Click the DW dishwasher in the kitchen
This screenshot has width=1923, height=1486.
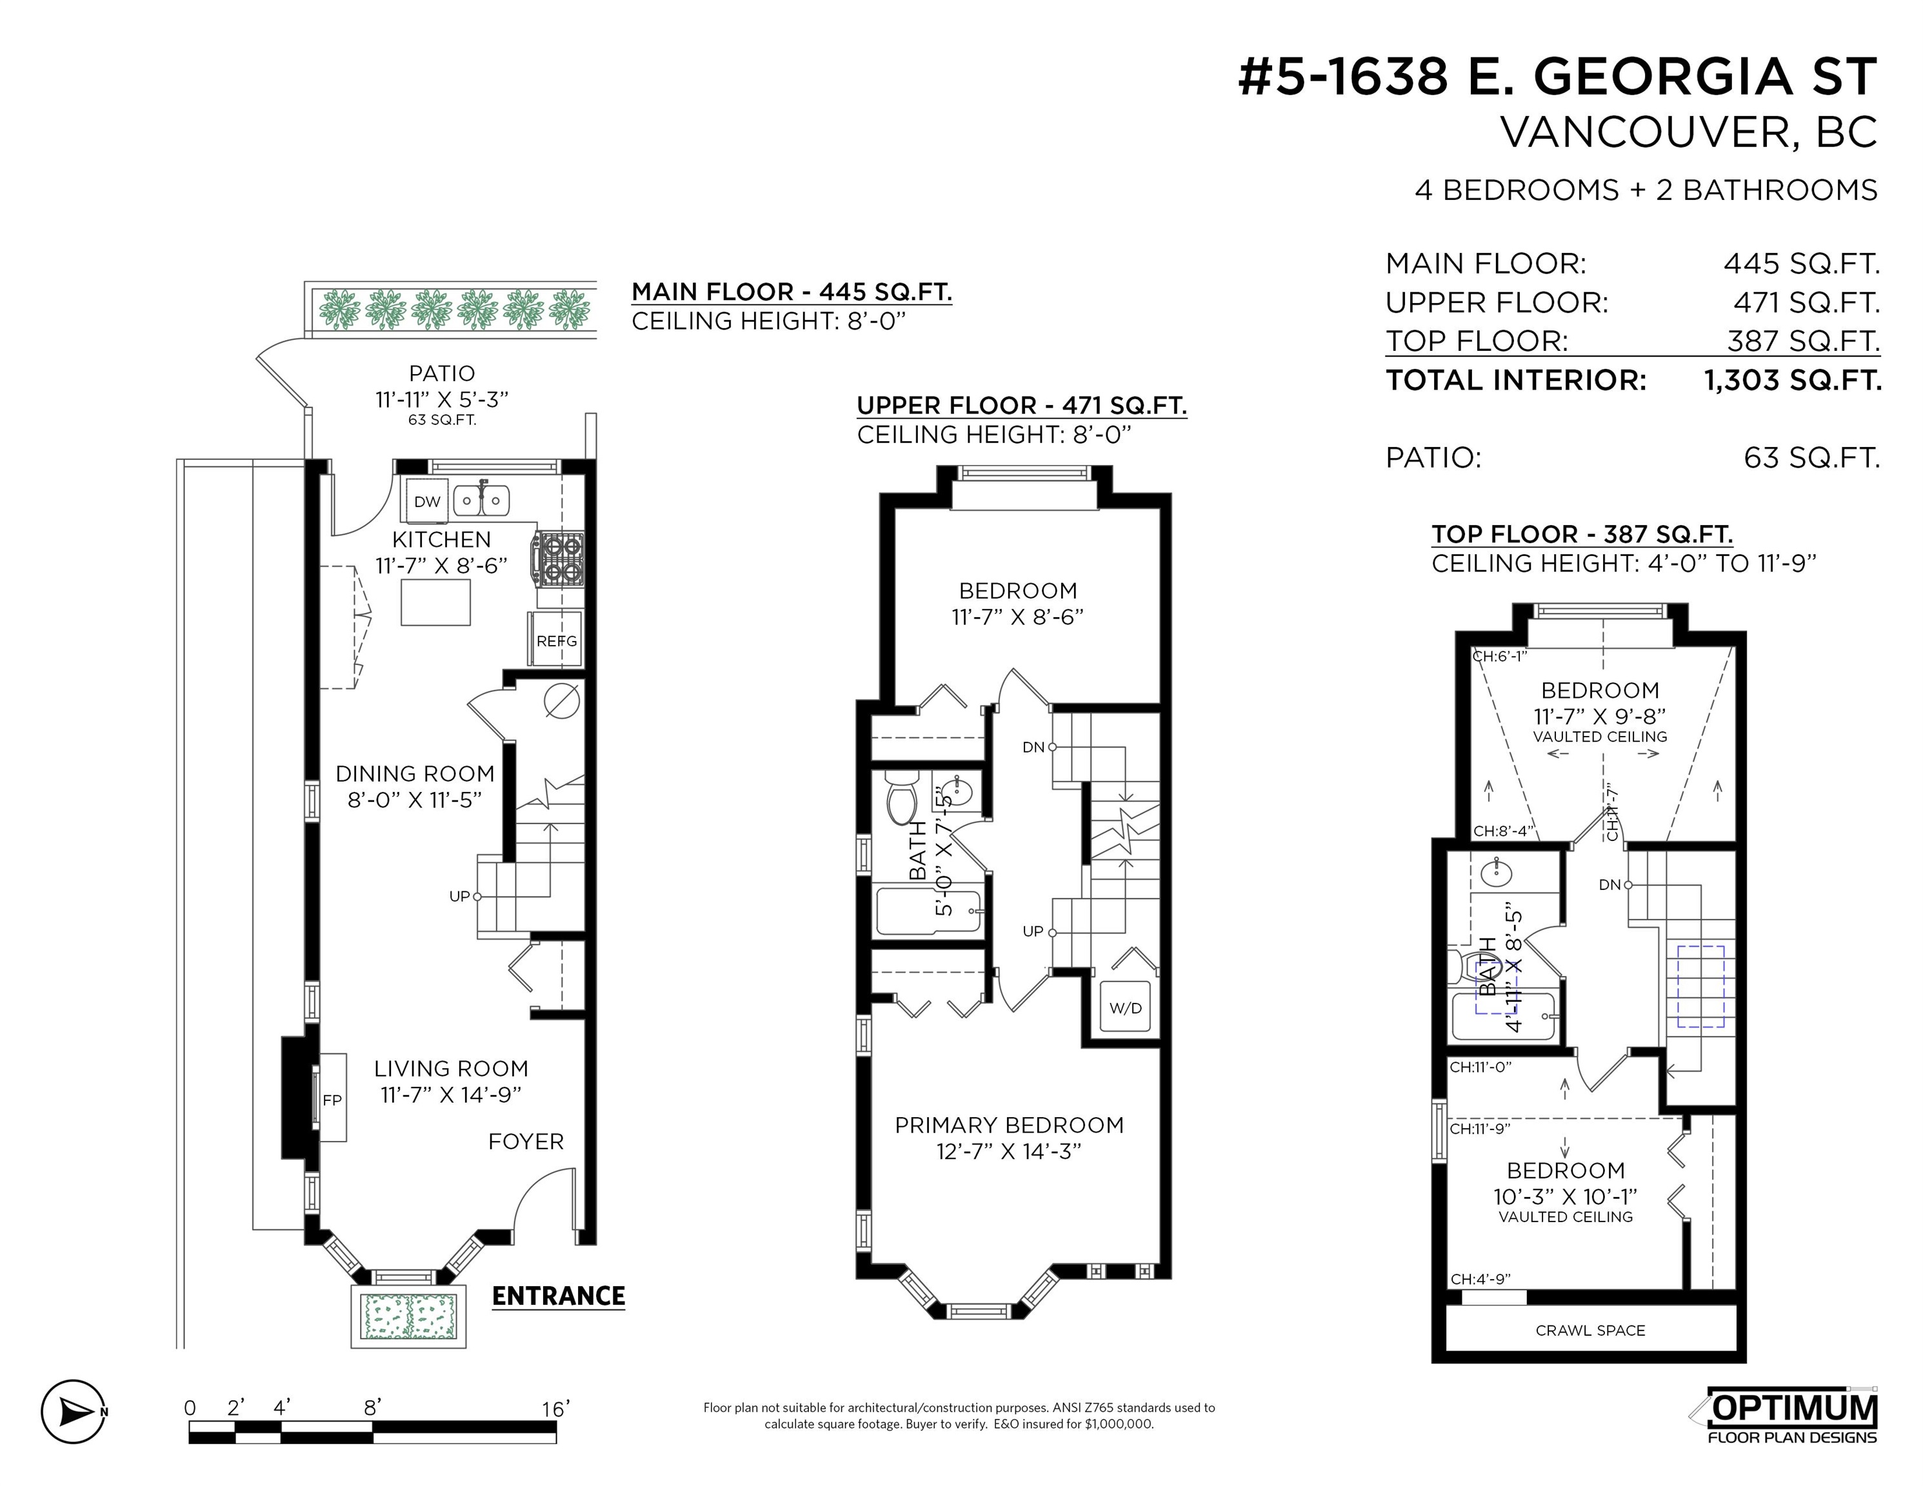427,502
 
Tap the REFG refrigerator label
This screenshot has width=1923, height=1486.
557,641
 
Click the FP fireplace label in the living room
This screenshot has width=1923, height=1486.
332,1100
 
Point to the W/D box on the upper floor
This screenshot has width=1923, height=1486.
1125,1008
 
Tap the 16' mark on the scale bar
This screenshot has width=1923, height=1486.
555,1409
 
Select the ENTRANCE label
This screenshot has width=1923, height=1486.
558,1296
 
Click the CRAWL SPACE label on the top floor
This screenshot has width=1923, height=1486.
1590,1330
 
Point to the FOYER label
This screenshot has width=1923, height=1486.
526,1141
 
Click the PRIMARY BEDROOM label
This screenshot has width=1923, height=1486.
1009,1125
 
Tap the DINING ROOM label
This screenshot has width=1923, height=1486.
415,774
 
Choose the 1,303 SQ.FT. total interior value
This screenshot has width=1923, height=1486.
1793,381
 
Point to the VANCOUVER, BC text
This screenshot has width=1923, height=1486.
1689,133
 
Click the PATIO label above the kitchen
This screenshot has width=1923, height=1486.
442,373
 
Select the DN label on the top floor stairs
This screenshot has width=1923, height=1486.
1609,885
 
